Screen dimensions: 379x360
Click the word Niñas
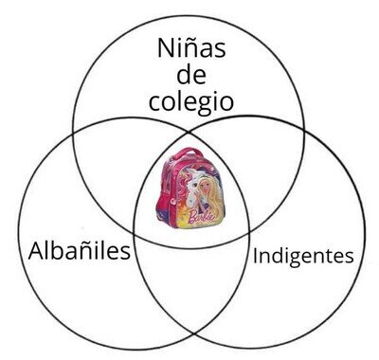tap(191, 48)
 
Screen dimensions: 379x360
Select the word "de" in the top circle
tap(191, 75)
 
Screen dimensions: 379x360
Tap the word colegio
tap(191, 102)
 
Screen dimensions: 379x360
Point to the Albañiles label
tap(79, 251)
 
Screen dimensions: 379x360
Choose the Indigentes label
tap(303, 256)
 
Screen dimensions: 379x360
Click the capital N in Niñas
tap(166, 48)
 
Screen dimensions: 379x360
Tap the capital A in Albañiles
tap(37, 251)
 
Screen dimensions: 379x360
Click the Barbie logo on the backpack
tap(201, 217)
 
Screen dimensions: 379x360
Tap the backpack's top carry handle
tap(187, 153)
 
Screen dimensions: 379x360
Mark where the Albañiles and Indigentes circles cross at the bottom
tap(193, 333)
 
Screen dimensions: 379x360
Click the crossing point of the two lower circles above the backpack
tap(189, 133)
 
